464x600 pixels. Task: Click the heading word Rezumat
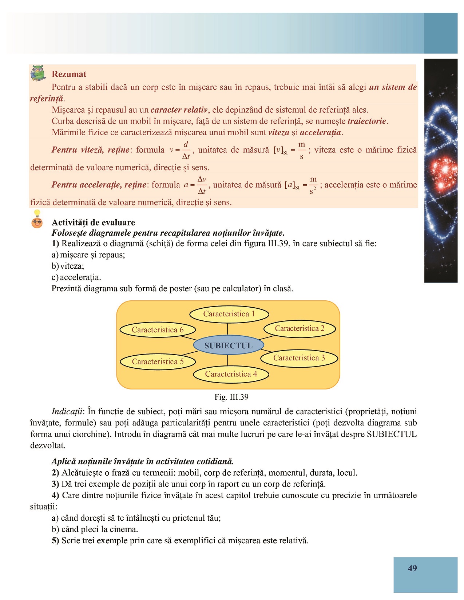[x=69, y=74]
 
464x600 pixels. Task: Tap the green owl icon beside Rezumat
[x=38, y=73]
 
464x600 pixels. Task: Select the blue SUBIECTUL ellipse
[x=228, y=345]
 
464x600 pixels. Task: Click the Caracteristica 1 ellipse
[x=229, y=314]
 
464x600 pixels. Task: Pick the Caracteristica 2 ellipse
[x=300, y=328]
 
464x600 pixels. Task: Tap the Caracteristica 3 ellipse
[x=299, y=358]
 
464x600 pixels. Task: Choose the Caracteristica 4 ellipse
[x=231, y=374]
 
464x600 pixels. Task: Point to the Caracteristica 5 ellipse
[x=158, y=361]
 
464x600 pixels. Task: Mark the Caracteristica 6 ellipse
[x=158, y=330]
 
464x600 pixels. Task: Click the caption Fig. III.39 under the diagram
[x=231, y=397]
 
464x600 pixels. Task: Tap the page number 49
[x=412, y=568]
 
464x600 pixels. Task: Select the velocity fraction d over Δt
[x=186, y=150]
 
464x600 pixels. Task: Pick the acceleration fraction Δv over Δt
[x=202, y=185]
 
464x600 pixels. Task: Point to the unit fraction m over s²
[x=313, y=185]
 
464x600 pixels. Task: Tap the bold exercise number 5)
[x=55, y=540]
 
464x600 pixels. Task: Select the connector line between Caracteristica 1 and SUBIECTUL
[x=227, y=329]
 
